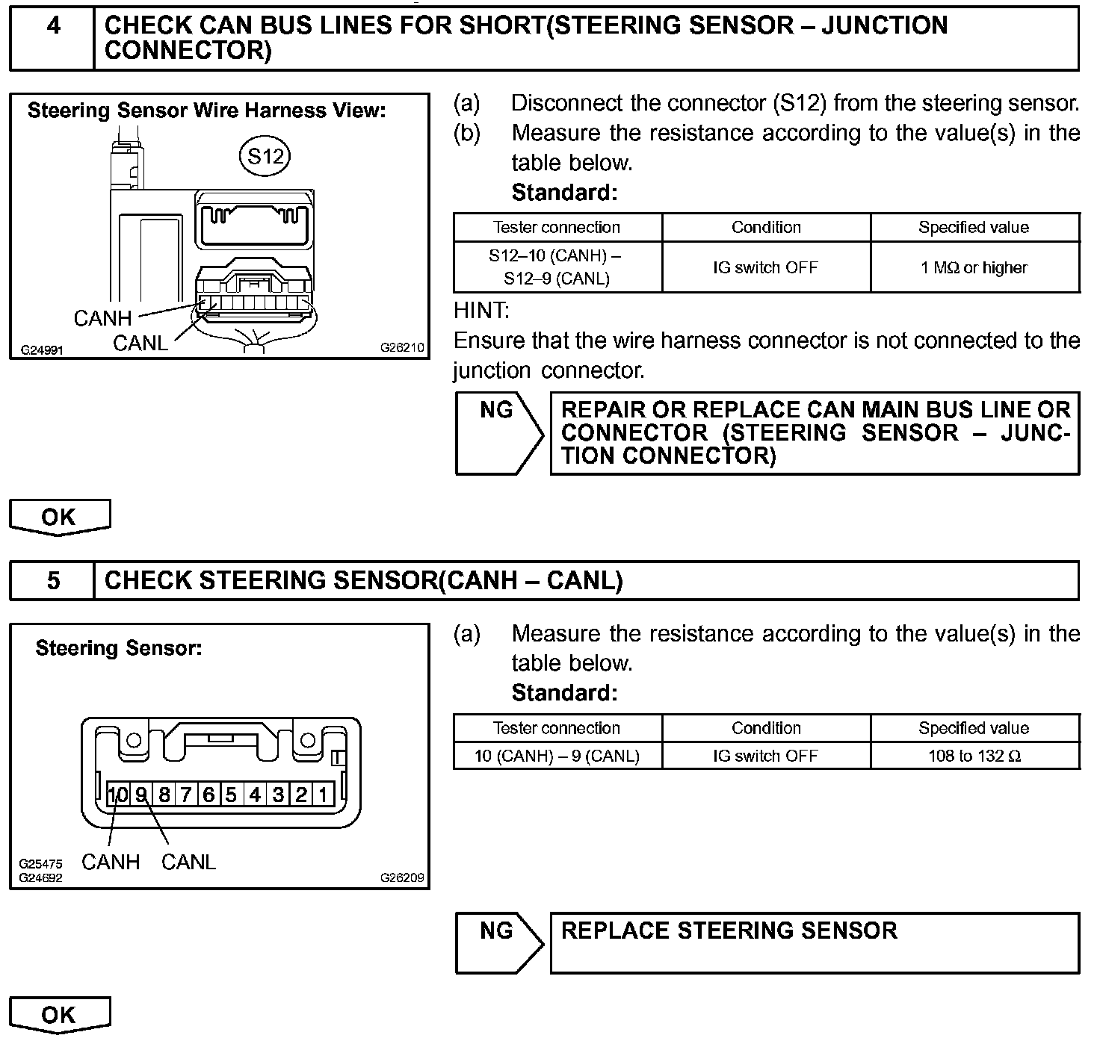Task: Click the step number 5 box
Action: (53, 581)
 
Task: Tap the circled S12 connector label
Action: (265, 156)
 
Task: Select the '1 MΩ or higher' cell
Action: (974, 267)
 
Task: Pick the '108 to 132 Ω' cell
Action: (974, 756)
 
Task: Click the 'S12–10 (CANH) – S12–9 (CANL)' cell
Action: (557, 267)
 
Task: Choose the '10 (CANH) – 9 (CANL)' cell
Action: (557, 756)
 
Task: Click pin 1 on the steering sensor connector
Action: (324, 795)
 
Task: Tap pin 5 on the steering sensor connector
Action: (231, 795)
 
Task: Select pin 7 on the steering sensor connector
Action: (185, 795)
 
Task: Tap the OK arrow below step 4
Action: (59, 517)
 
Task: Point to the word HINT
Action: (481, 310)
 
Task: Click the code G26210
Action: (402, 347)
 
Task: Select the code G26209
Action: (402, 877)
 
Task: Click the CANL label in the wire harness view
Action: (140, 343)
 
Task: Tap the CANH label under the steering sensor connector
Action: (111, 862)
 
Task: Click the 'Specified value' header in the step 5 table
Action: (974, 728)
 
